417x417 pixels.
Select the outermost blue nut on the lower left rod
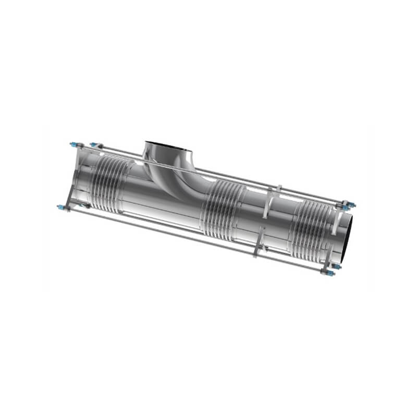(60, 207)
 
